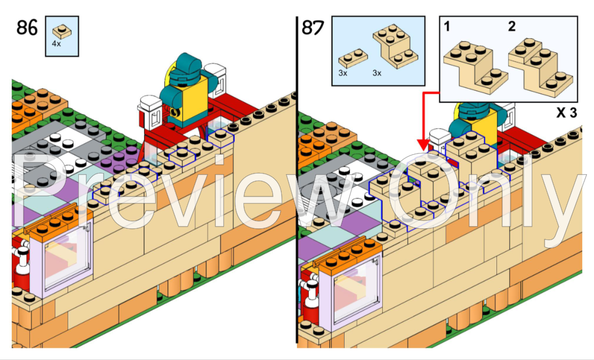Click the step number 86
[x=27, y=27]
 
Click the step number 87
[x=312, y=27]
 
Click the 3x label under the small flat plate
[x=343, y=73]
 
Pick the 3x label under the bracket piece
[x=376, y=73]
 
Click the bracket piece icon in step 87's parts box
[x=395, y=48]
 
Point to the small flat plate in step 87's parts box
[x=353, y=57]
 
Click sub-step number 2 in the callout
[x=511, y=26]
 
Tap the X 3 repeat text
[x=566, y=112]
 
